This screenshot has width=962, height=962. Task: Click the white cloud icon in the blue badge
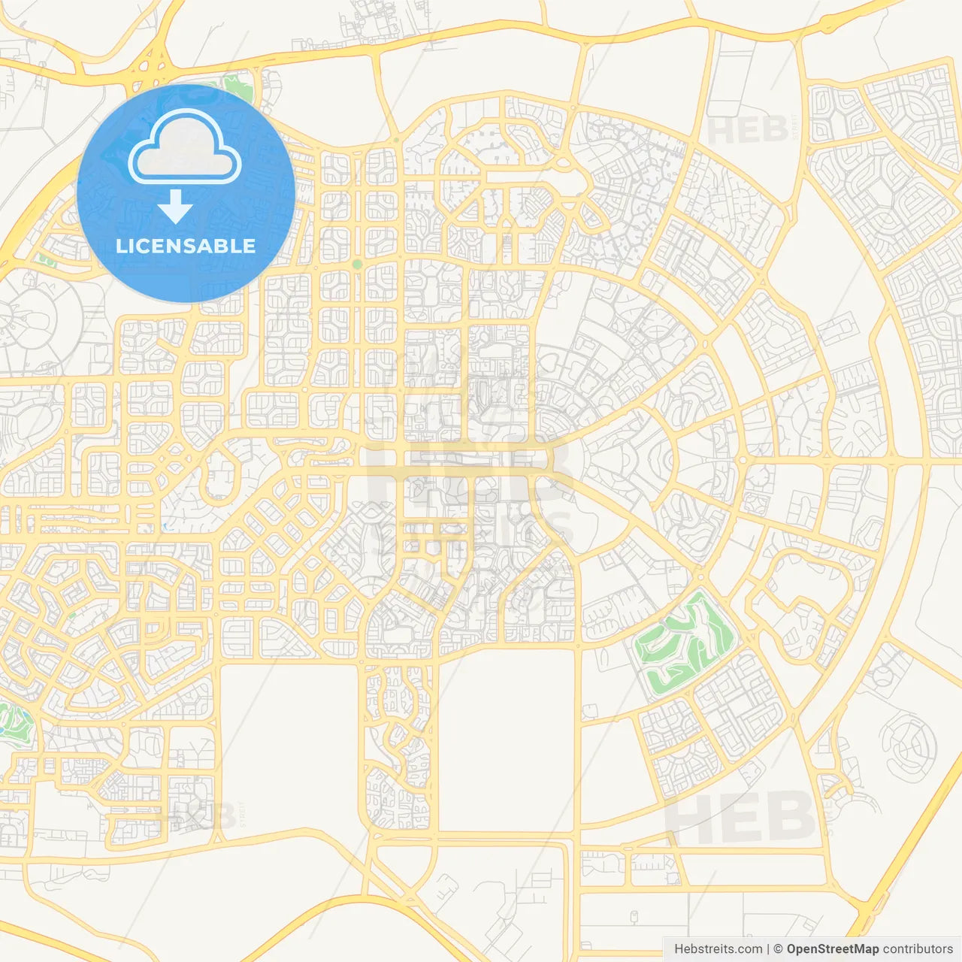click(185, 147)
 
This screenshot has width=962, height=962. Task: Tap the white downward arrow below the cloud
click(175, 206)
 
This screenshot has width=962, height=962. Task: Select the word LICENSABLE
click(186, 246)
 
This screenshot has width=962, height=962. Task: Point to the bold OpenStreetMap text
click(832, 949)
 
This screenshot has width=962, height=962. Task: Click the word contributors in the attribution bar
click(918, 949)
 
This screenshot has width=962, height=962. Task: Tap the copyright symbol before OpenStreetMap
click(778, 949)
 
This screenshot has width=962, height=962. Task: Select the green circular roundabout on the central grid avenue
click(357, 265)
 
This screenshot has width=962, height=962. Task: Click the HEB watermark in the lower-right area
click(740, 817)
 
